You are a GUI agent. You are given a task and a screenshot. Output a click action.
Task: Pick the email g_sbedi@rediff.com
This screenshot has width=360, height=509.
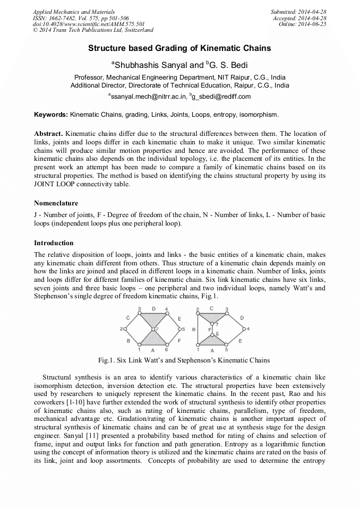[222, 97]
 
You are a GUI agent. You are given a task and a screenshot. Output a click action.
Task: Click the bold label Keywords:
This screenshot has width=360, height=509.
[51, 115]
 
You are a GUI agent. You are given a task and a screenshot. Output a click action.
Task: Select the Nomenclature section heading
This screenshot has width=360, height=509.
[56, 203]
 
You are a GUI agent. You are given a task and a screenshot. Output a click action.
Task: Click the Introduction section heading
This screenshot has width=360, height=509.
[54, 243]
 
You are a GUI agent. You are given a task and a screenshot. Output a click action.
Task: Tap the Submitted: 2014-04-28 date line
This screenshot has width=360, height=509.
[298, 12]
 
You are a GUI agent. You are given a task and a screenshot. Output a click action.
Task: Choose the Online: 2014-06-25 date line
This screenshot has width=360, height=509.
[303, 24]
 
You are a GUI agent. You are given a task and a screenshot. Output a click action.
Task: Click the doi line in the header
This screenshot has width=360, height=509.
[89, 24]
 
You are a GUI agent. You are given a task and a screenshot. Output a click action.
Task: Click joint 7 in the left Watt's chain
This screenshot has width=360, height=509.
[153, 330]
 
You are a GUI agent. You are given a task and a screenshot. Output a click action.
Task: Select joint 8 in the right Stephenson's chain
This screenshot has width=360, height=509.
[212, 335]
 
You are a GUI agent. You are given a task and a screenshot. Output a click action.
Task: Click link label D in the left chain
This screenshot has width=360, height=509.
[154, 308]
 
